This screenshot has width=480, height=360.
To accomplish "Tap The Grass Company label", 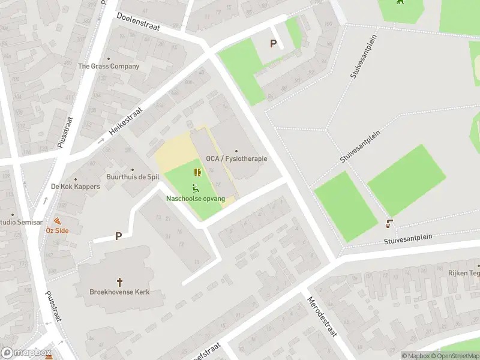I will click(x=109, y=66).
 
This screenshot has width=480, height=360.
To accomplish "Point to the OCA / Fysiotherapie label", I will click(x=236, y=158).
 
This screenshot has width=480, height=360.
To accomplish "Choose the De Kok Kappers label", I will click(x=75, y=186).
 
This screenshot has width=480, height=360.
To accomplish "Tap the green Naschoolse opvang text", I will click(x=196, y=198).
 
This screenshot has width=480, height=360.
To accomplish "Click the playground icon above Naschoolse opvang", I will click(x=196, y=187).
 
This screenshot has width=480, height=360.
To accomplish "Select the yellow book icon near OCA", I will click(x=197, y=172).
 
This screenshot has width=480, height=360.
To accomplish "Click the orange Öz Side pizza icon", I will click(x=58, y=221).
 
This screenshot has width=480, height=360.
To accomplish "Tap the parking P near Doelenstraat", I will click(x=274, y=43).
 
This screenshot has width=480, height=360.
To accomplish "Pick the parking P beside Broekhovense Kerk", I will click(x=118, y=236).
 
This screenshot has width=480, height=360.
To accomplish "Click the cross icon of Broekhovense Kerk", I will click(x=119, y=281).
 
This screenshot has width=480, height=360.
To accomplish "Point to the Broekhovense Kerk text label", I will click(x=119, y=292).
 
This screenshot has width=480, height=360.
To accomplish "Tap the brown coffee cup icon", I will click(x=389, y=224).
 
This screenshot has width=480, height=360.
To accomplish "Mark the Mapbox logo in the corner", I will click(x=26, y=353).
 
